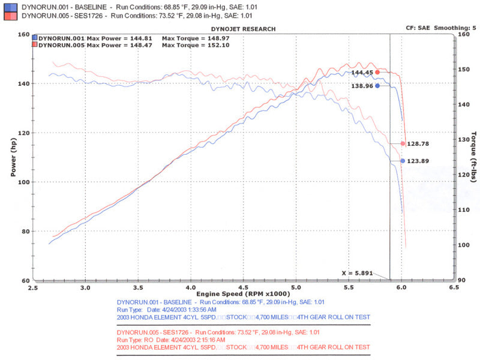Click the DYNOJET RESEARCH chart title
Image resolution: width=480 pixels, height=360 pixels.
tap(244, 29)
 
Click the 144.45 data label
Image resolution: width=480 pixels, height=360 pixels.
tap(362, 73)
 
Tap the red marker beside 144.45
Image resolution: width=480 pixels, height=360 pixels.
tap(377, 72)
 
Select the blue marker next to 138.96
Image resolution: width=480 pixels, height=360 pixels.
tap(377, 86)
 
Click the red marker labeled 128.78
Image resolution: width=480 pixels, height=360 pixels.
tap(403, 143)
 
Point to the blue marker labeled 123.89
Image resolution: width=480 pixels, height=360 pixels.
tap(403, 161)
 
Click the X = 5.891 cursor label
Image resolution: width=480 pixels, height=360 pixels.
tap(358, 273)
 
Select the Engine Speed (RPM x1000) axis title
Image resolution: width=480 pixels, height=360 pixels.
tap(244, 294)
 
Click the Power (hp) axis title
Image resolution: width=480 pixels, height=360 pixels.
tap(13, 158)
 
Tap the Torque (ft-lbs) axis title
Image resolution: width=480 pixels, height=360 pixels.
tap(473, 157)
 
